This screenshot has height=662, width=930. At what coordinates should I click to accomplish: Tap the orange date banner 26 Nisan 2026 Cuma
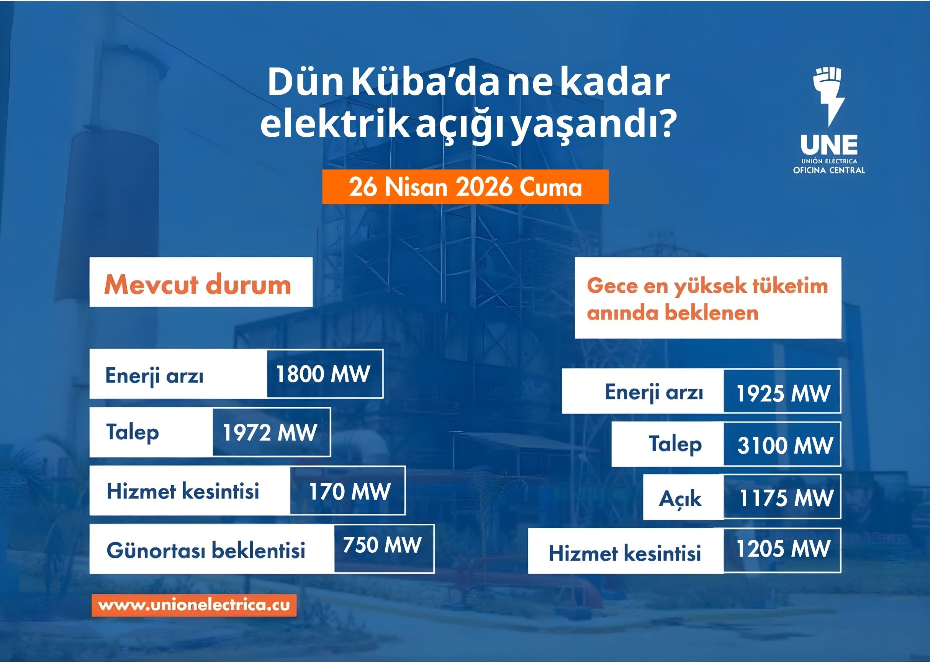(465, 187)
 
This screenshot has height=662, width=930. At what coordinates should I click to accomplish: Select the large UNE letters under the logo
(829, 145)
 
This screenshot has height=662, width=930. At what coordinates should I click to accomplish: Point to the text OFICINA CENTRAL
(829, 170)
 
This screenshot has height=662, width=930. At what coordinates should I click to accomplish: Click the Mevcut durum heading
(198, 284)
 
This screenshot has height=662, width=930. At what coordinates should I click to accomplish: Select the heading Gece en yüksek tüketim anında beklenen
(707, 298)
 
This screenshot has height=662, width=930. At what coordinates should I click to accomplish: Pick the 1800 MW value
(323, 374)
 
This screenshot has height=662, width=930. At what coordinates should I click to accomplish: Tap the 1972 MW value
(270, 433)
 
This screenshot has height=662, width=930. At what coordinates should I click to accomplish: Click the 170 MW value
(349, 492)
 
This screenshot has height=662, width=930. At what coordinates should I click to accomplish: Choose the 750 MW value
(382, 545)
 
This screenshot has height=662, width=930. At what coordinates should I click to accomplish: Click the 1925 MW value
(783, 393)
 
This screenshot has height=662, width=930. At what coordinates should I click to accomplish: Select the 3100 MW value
(785, 445)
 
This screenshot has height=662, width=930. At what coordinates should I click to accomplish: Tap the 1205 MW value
(783, 549)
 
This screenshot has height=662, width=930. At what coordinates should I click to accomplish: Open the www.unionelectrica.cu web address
(194, 605)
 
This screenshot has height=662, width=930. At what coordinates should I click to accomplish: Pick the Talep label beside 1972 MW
(133, 432)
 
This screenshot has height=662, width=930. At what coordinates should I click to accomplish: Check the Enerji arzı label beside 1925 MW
(654, 392)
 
